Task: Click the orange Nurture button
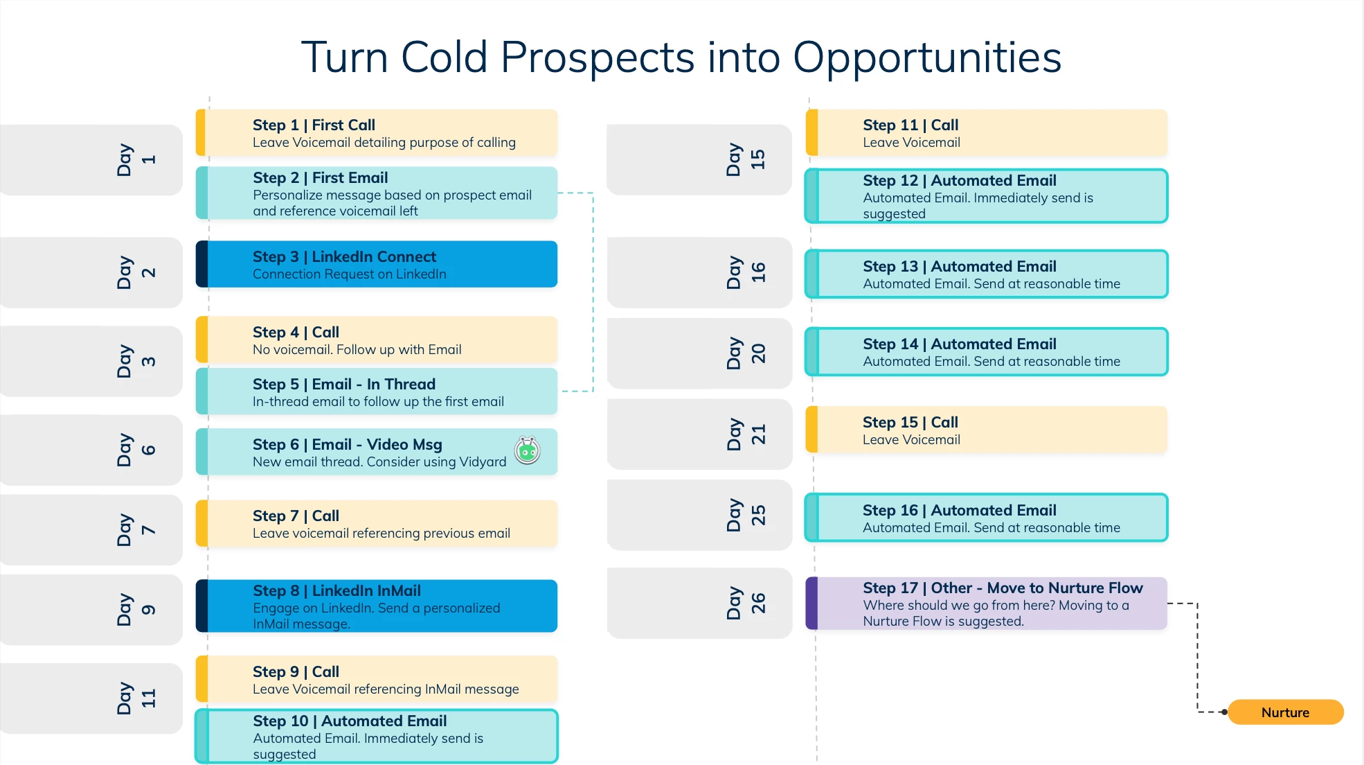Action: point(1285,712)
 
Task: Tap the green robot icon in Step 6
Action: point(528,450)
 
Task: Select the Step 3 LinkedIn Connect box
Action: point(377,264)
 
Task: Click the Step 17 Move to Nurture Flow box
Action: point(987,604)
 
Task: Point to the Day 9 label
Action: point(136,610)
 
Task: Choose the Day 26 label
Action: point(746,603)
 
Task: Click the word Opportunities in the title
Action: point(927,58)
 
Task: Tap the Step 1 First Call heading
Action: point(314,125)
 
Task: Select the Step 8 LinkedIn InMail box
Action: point(377,606)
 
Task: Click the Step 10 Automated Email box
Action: point(377,737)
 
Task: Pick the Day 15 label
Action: point(746,159)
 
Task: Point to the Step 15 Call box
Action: point(987,430)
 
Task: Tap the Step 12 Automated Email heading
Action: point(960,181)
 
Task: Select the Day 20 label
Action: point(746,353)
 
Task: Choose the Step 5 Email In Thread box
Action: point(377,392)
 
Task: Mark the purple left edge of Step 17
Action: point(812,604)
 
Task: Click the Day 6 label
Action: point(136,450)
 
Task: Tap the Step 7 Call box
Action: point(377,524)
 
